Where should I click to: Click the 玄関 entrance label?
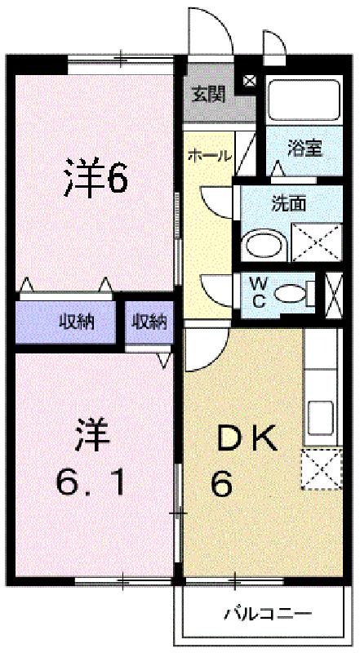[208, 95]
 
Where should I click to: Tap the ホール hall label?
[209, 156]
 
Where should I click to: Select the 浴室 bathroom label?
[305, 149]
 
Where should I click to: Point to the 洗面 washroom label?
[289, 203]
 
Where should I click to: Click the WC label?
[258, 293]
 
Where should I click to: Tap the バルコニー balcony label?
[269, 613]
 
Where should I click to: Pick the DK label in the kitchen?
[247, 440]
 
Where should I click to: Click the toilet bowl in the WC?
[291, 294]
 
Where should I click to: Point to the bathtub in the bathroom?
[304, 100]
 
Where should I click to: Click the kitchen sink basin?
[320, 418]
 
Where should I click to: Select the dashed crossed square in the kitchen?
[322, 469]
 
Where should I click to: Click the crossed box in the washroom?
[316, 242]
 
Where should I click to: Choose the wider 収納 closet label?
[76, 322]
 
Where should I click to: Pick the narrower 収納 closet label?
[149, 321]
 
